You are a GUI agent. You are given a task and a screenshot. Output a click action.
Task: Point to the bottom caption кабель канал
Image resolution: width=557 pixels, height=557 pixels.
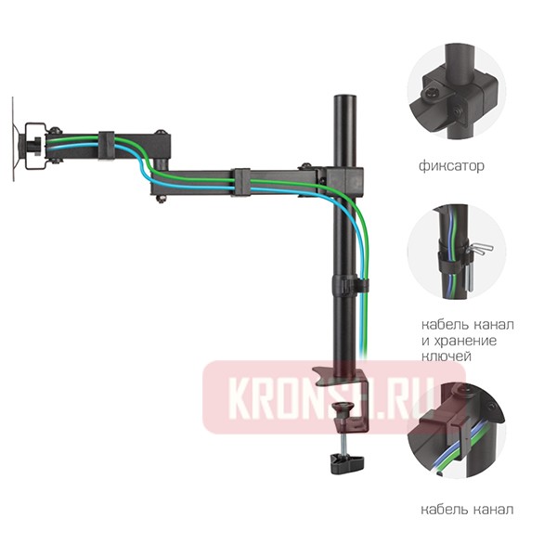pos(465,510)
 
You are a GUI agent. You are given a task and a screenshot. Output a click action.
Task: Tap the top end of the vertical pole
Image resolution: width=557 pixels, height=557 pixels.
pos(343,97)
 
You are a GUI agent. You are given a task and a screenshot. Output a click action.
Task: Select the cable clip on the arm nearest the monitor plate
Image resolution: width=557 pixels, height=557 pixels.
pos(104,143)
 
